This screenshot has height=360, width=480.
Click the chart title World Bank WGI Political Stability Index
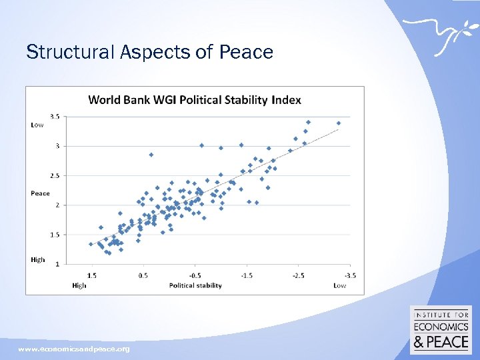pyautogui.click(x=195, y=100)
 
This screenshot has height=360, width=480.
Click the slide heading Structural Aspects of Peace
pyautogui.click(x=149, y=52)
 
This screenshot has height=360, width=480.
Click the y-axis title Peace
pyautogui.click(x=40, y=193)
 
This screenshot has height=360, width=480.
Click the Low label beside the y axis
pyautogui.click(x=37, y=125)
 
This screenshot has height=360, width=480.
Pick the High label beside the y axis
pyautogui.click(x=38, y=259)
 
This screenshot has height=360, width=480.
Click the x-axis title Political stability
pyautogui.click(x=195, y=285)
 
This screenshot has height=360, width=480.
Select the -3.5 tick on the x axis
pyautogui.click(x=350, y=275)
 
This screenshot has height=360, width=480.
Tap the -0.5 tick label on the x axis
pyautogui.click(x=195, y=275)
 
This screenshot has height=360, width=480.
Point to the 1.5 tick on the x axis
pyautogui.click(x=92, y=275)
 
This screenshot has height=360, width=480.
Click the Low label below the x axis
pyautogui.click(x=339, y=285)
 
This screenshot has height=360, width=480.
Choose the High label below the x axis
pyautogui.click(x=79, y=285)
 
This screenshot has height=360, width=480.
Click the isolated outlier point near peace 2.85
pyautogui.click(x=151, y=155)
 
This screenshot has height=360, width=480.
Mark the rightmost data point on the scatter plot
pyautogui.click(x=339, y=123)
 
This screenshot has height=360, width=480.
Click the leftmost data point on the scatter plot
pyautogui.click(x=91, y=244)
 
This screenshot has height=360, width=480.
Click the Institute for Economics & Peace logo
pyautogui.click(x=441, y=330)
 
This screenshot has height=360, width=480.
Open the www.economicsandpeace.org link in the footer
pyautogui.click(x=74, y=349)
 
